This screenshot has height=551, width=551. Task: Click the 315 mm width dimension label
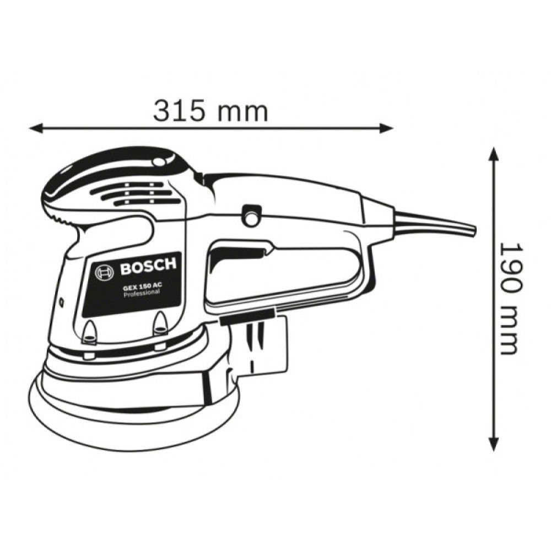[x=210, y=111]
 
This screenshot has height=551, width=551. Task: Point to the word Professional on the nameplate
[x=141, y=294]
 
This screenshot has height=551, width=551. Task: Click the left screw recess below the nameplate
[x=89, y=331]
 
